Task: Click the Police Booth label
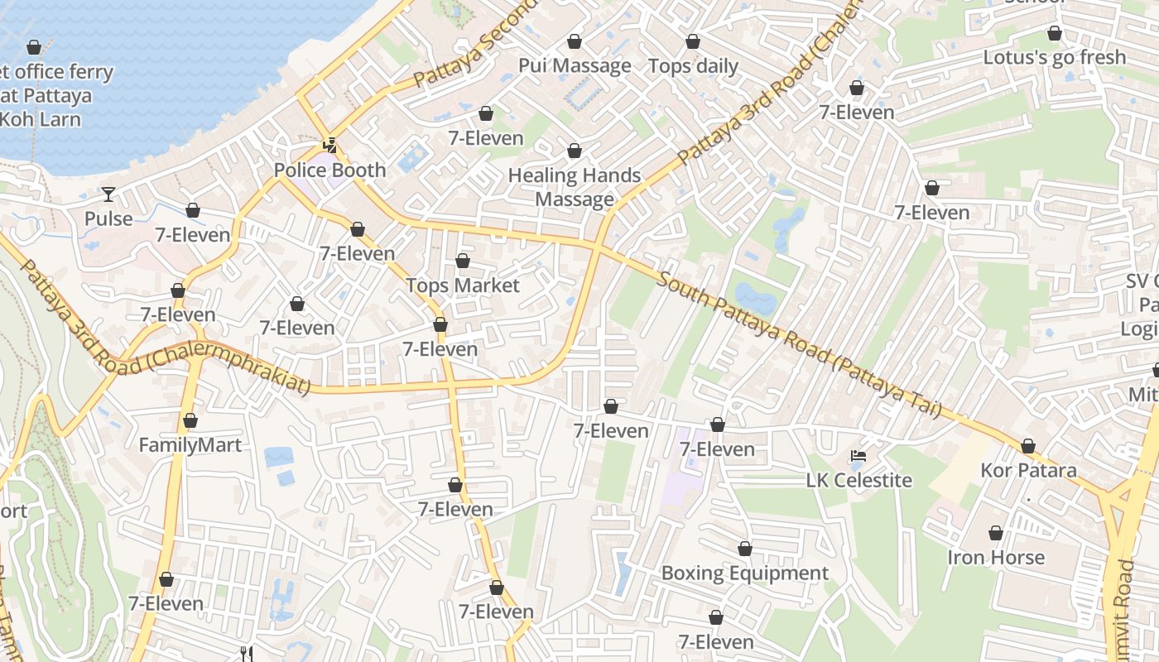329,170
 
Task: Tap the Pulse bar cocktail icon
108,194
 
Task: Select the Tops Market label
463,285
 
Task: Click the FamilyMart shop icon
190,420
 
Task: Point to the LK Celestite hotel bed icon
858,456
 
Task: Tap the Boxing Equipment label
744,573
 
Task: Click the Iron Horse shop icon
996,533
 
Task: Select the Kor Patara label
1028,471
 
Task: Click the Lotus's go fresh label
1054,57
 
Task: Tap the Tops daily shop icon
693,41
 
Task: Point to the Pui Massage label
575,65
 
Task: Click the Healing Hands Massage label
575,187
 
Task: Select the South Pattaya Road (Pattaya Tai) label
799,343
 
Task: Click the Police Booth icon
329,146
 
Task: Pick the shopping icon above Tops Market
463,261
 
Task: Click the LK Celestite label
858,481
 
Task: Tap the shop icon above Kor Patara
1028,447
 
